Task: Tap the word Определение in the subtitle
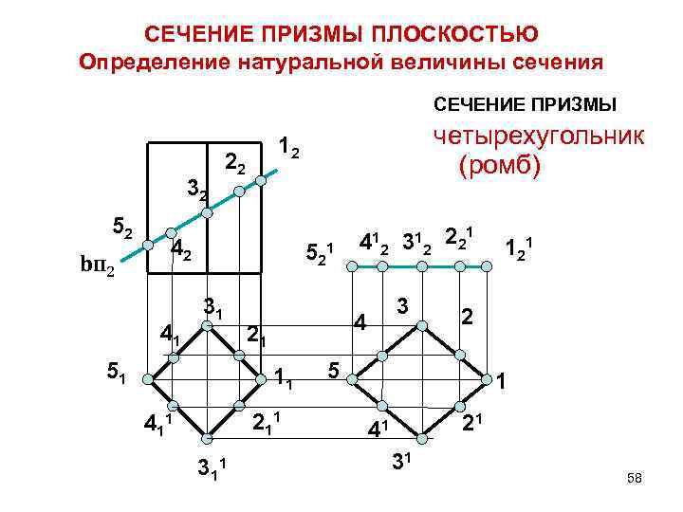pos(152,64)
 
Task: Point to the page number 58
pos(635,479)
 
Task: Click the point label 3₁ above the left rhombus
pos(212,307)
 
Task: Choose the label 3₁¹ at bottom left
pos(215,466)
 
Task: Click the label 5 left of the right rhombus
pos(333,366)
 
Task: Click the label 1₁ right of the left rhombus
pos(286,377)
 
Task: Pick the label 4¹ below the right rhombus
pos(379,429)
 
